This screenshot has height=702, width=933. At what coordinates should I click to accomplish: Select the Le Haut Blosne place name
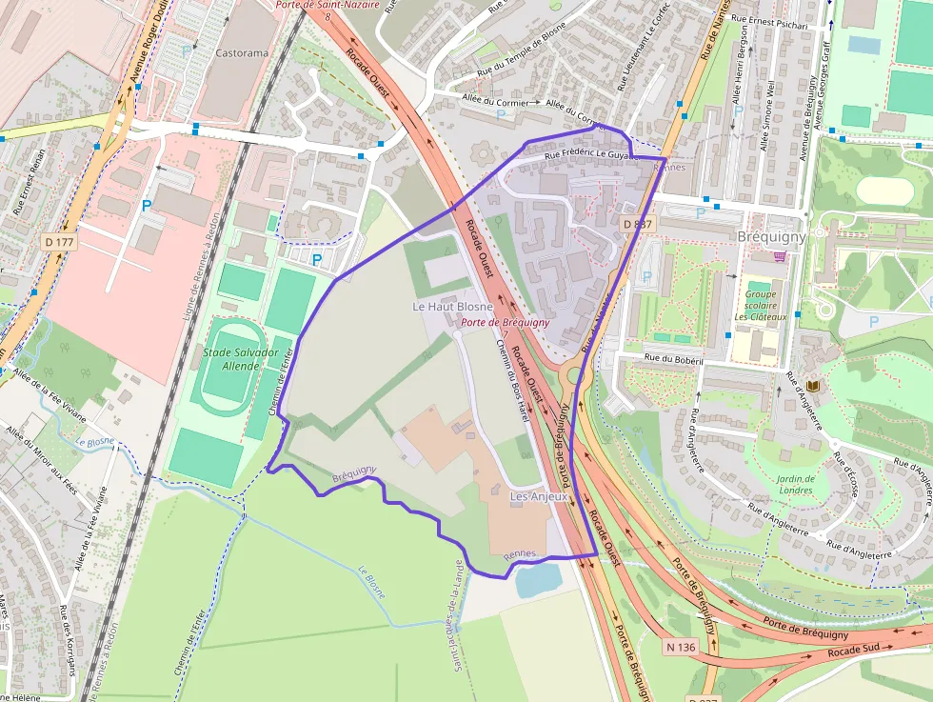point(452,307)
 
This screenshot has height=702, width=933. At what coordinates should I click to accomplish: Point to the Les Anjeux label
point(539,496)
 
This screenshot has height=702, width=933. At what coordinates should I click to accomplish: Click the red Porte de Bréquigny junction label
point(505,322)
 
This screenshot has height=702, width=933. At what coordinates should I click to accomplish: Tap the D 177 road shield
point(59,243)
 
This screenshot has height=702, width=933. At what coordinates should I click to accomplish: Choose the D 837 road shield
point(638,224)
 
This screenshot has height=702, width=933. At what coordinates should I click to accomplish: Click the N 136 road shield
point(682,647)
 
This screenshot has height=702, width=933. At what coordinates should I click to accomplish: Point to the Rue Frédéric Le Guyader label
point(587,153)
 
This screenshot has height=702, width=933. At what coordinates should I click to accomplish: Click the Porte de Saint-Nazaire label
point(328,5)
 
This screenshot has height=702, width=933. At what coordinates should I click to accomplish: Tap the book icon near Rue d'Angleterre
point(812,386)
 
